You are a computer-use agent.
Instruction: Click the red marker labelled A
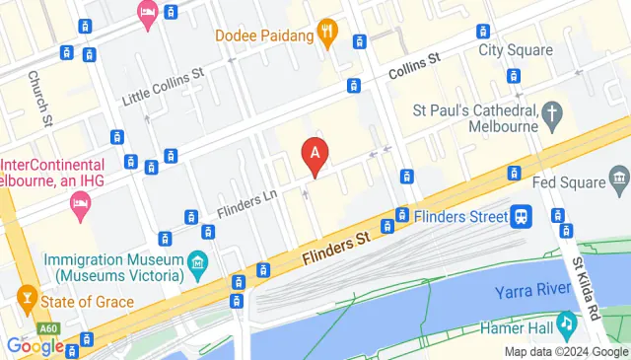pyautogui.click(x=315, y=155)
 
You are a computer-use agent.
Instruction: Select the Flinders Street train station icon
pyautogui.click(x=520, y=214)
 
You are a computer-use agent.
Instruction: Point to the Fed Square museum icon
pyautogui.click(x=619, y=179)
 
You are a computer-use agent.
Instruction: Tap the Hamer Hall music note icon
pyautogui.click(x=567, y=323)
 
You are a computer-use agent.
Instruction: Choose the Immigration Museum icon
pyautogui.click(x=196, y=263)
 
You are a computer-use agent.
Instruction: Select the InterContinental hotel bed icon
pyautogui.click(x=79, y=205)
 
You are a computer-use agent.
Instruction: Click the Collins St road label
pyautogui.click(x=414, y=70)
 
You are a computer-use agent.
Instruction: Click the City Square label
pyautogui.click(x=510, y=49)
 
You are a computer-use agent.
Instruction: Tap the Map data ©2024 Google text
pyautogui.click(x=566, y=352)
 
